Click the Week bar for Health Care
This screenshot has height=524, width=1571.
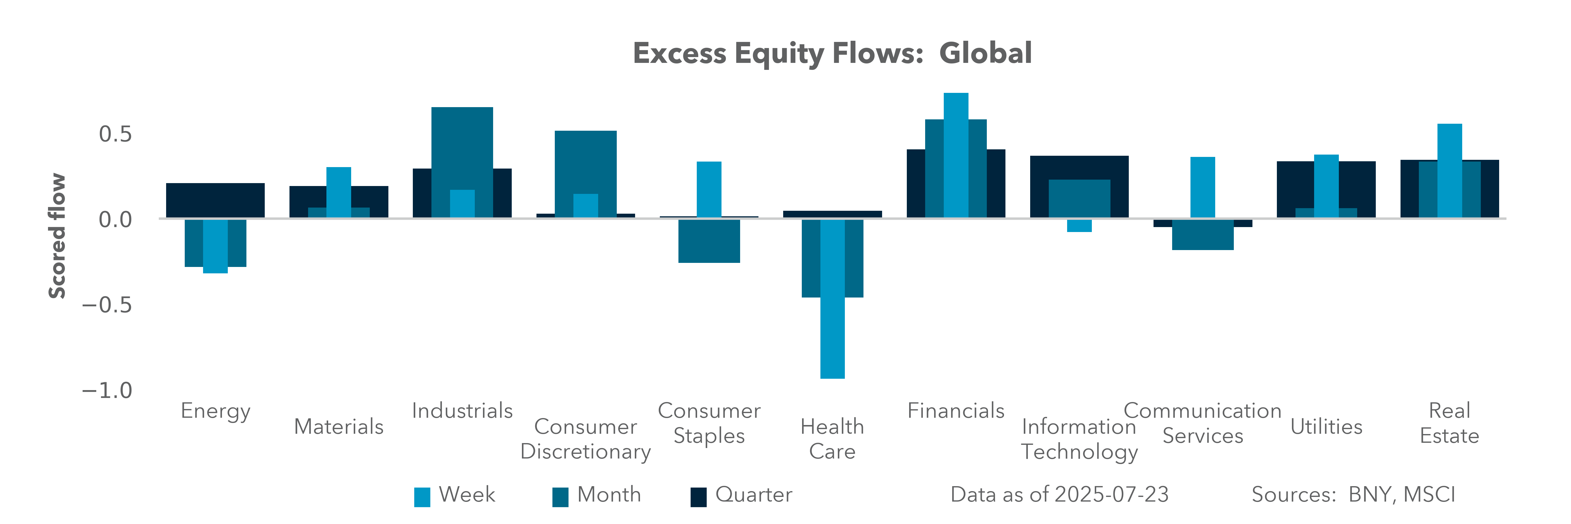click(832, 299)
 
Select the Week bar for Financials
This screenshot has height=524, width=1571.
click(956, 155)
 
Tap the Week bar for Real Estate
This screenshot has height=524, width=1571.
click(1450, 171)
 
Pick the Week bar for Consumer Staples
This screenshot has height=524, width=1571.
click(709, 189)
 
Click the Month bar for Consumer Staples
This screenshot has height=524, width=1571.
click(709, 241)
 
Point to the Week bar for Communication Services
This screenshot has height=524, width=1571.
click(1203, 187)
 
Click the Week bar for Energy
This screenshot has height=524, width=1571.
click(215, 246)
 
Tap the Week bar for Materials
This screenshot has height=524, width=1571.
click(338, 192)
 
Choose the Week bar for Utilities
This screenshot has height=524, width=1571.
click(1326, 186)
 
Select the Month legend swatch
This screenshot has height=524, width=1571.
click(560, 497)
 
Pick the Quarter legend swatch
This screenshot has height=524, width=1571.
click(698, 497)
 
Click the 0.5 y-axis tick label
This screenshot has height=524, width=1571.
click(115, 134)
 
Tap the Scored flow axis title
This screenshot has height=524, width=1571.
click(57, 236)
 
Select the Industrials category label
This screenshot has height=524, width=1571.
click(462, 410)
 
